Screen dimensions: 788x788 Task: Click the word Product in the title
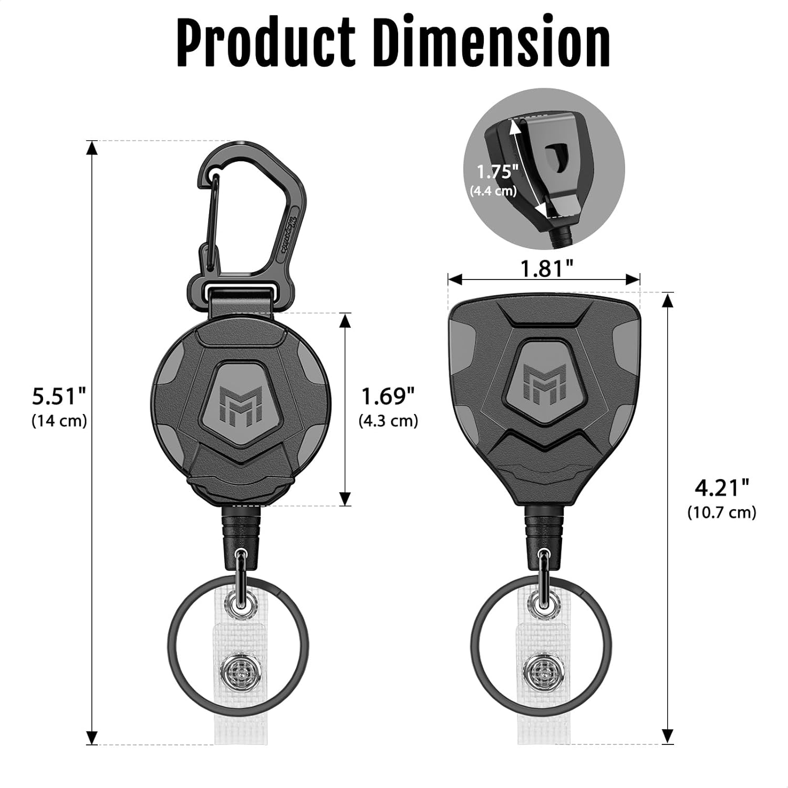(x=265, y=43)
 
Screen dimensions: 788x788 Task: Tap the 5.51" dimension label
(x=58, y=396)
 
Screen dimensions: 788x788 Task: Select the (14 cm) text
(x=59, y=421)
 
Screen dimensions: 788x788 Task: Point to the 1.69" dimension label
(x=388, y=396)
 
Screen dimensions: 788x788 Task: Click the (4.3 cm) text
(x=388, y=421)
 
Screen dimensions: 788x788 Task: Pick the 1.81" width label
(x=546, y=268)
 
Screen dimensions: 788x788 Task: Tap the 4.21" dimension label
(x=721, y=488)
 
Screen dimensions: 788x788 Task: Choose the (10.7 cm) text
(x=722, y=512)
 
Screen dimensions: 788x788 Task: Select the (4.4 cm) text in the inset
(x=493, y=191)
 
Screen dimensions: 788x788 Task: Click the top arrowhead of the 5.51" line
(x=92, y=148)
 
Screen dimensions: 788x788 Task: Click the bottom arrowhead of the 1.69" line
(x=345, y=499)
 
